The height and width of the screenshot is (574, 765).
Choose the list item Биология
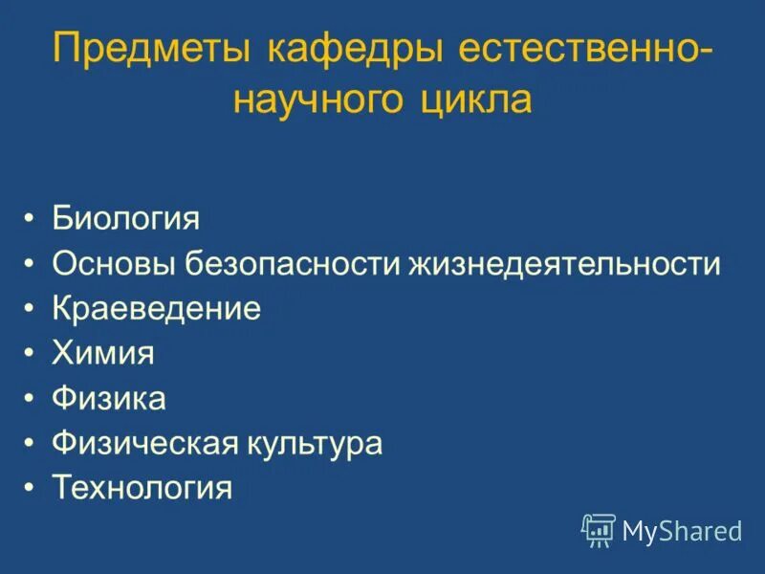pyautogui.click(x=125, y=218)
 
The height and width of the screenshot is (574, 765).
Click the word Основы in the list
pyautogui.click(x=115, y=263)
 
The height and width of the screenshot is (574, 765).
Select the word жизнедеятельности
pyautogui.click(x=566, y=263)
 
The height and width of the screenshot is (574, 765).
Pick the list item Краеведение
pyautogui.click(x=156, y=308)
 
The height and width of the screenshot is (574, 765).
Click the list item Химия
pyautogui.click(x=103, y=353)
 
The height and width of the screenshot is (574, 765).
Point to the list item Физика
pyautogui.click(x=109, y=398)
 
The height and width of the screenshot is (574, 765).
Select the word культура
pyautogui.click(x=315, y=443)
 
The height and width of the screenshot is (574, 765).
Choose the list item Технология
pyautogui.click(x=142, y=488)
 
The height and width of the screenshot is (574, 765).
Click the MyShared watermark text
pyautogui.click(x=682, y=530)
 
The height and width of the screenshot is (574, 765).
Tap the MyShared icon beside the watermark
pyautogui.click(x=599, y=529)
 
